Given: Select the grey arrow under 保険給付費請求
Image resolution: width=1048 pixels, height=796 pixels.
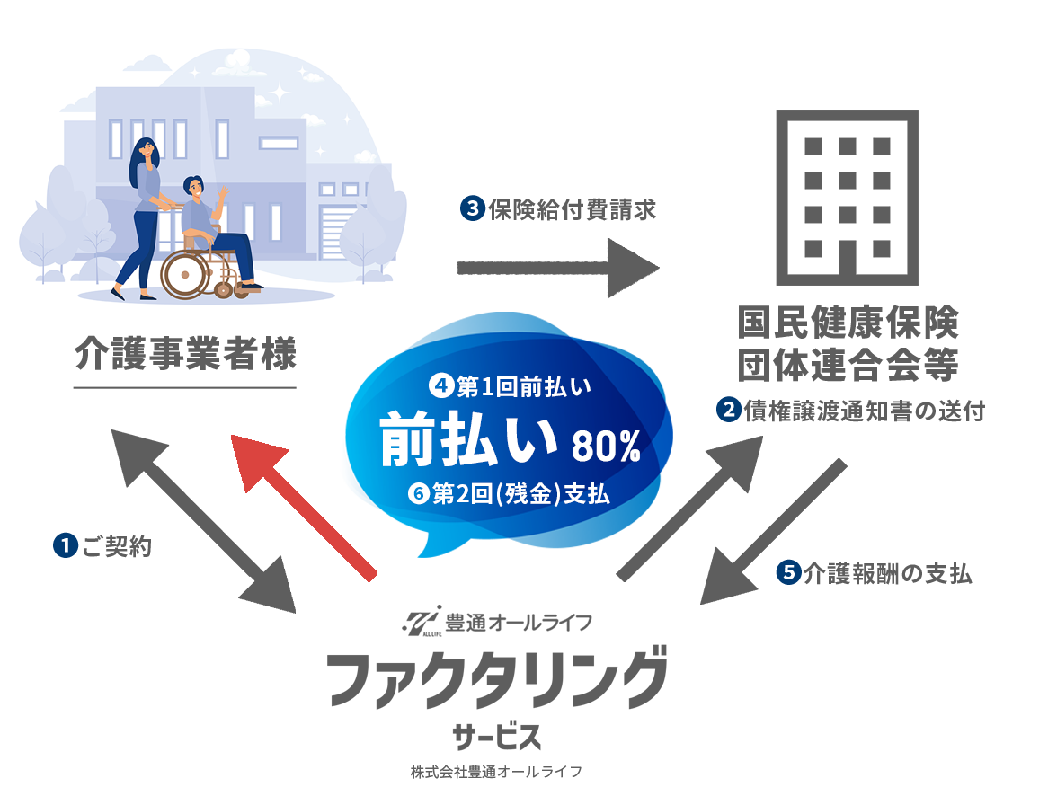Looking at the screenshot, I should coord(557,268).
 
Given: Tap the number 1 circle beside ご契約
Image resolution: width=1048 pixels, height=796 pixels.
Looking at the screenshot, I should coord(64,545).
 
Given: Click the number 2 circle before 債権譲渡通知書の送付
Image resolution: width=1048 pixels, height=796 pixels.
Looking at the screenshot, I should coord(728,410).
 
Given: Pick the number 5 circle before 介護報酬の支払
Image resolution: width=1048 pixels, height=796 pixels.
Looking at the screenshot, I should coord(787,573).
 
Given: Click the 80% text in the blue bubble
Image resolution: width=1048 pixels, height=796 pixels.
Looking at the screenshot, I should coord(606,446).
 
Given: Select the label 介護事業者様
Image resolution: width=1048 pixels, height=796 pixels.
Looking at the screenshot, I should coord(184,353).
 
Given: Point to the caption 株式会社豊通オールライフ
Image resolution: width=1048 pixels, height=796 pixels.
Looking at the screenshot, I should coord(496,772).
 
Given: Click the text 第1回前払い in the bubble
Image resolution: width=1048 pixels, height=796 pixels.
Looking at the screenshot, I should coord(522,387).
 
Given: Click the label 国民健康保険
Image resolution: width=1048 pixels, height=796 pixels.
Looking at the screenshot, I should coord(848,322).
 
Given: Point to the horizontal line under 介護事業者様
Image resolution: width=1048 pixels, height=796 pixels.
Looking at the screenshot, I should coord(184,387).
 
